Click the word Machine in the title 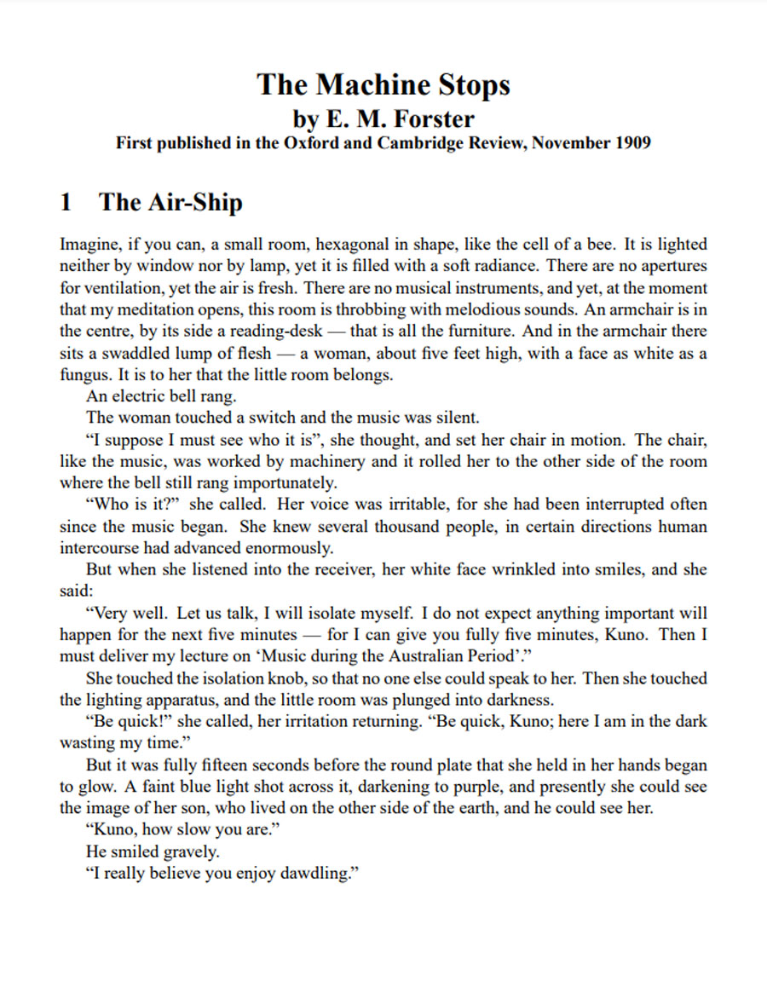click(x=371, y=84)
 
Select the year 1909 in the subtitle click(x=631, y=142)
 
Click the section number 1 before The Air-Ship click(x=66, y=202)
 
